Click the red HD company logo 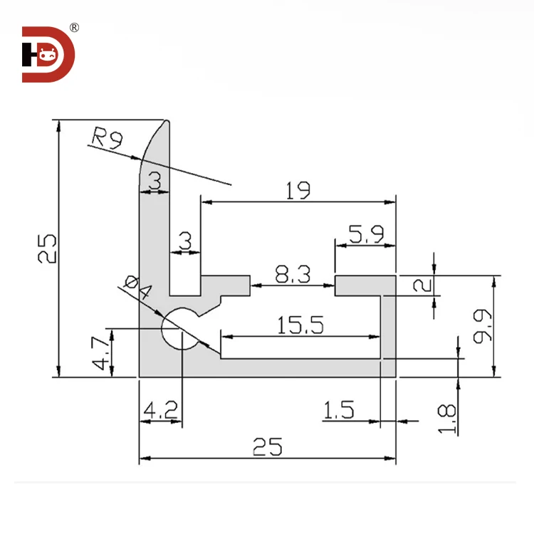click(x=47, y=54)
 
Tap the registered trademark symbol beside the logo click(x=75, y=28)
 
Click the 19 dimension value click(x=298, y=190)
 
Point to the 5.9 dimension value click(x=365, y=234)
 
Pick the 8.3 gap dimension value click(x=293, y=275)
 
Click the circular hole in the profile click(x=181, y=330)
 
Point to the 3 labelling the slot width click(x=184, y=241)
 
